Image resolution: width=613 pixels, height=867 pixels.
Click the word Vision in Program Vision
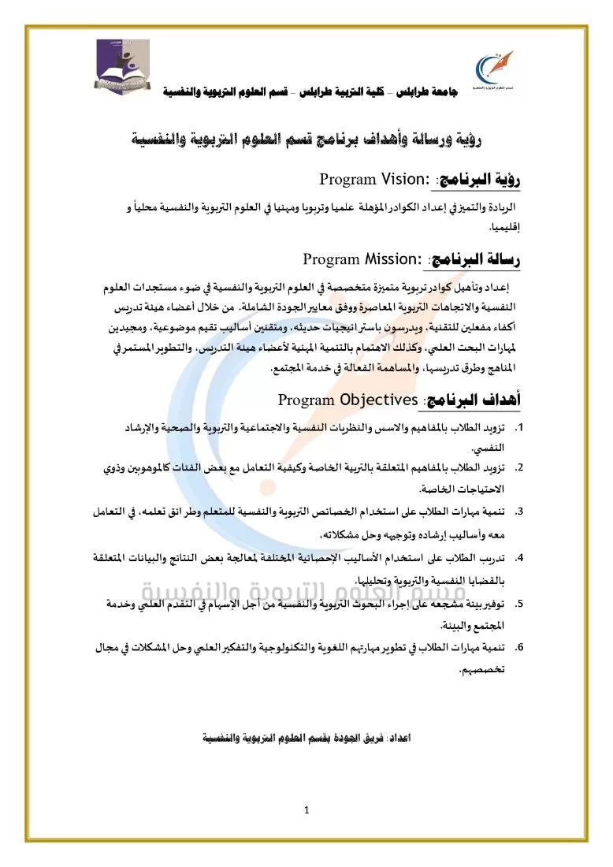coord(394,179)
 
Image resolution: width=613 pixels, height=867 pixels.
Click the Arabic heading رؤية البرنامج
coord(481,179)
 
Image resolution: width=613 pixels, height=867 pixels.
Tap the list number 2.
coord(518,467)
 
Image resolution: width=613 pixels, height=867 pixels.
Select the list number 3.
coord(518,512)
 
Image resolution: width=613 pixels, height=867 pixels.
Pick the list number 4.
coord(518,559)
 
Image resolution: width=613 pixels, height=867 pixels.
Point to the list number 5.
coord(518,604)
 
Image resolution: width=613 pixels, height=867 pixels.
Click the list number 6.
coord(518,648)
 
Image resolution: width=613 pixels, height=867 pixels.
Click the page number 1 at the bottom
coord(306,809)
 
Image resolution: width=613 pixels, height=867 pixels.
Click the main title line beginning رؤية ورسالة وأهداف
coord(307,140)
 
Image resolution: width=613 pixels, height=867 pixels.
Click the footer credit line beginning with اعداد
coord(306,739)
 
